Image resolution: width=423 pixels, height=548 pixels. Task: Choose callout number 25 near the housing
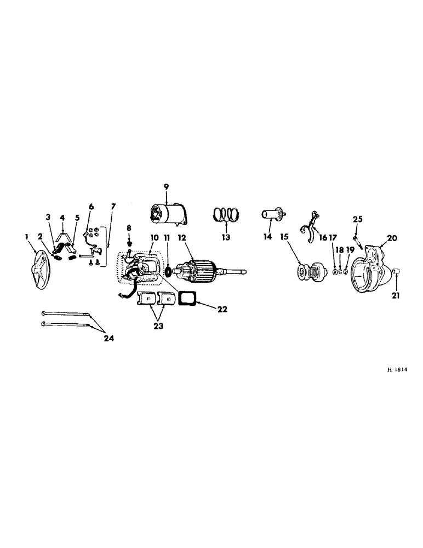(357, 219)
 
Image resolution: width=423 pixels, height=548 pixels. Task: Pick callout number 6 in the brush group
(91, 206)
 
